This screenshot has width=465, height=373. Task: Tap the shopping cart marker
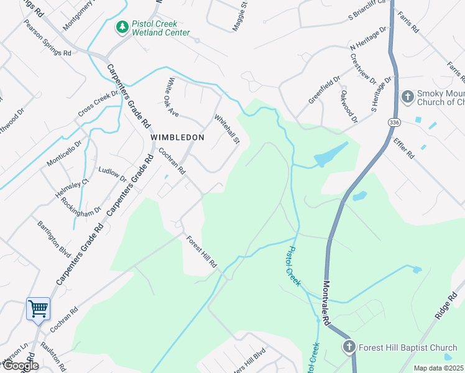38,308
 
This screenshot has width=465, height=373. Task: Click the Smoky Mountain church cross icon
407,96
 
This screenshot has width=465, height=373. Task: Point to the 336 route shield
393,123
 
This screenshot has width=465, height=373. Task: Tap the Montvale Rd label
326,303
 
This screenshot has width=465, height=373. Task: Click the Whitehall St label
228,128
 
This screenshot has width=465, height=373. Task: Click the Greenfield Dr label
325,90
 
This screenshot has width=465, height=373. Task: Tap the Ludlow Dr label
113,174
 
